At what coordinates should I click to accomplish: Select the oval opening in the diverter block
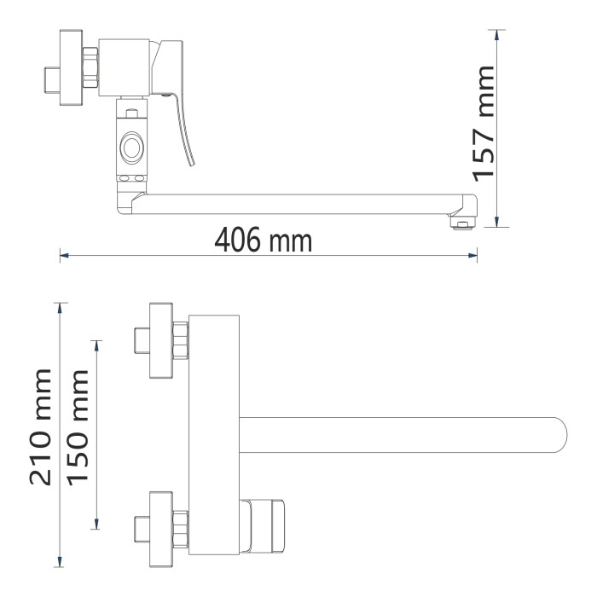coord(133,147)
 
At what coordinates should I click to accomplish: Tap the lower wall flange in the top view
coord(159,530)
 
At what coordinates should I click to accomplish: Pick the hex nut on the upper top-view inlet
coord(180,341)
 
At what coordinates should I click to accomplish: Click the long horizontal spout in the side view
coord(298,204)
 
